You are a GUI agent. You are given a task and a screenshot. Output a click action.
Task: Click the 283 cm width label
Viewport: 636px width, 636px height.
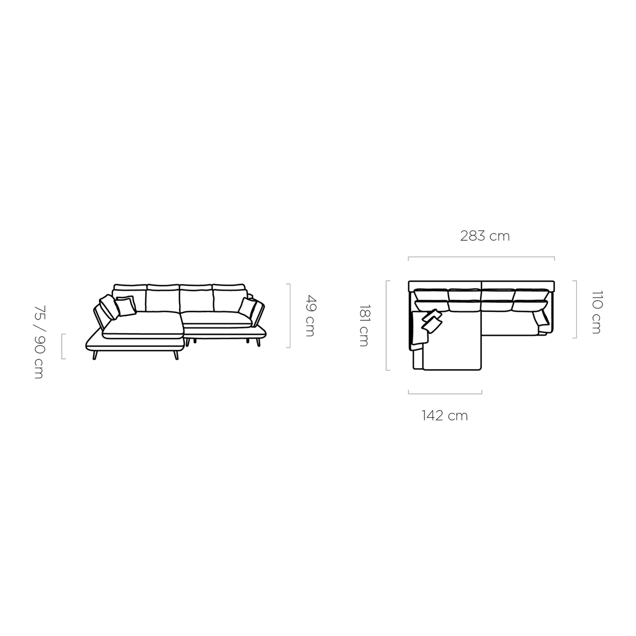click(485, 236)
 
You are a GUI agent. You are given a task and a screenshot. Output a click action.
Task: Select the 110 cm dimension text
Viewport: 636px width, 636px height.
click(597, 313)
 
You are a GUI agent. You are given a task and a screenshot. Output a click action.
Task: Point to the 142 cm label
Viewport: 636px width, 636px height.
click(445, 416)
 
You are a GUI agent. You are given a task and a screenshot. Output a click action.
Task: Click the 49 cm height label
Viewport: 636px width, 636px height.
click(310, 315)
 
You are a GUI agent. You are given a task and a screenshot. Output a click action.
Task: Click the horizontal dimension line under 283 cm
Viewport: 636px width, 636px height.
click(481, 257)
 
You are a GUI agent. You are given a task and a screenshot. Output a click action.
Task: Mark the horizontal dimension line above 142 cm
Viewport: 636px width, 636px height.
click(445, 393)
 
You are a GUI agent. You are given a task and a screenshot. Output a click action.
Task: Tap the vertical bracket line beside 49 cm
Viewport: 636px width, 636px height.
click(289, 315)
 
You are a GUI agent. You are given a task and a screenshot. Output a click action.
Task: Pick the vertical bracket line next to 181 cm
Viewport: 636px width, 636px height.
click(386, 326)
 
